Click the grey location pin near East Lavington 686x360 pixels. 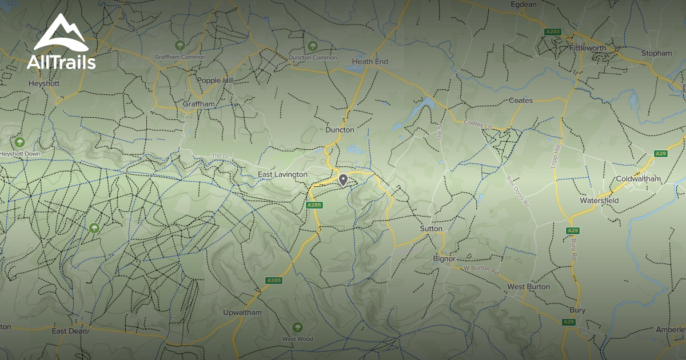[343, 180]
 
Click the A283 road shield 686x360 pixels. [553, 32]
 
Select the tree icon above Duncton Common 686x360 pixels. [312, 46]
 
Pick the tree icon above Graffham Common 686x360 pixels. [180, 45]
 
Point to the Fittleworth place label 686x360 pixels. [587, 48]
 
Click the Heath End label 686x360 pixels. [370, 61]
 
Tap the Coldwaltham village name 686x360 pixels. [638, 179]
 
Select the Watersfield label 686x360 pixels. [599, 201]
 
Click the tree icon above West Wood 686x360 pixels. [297, 327]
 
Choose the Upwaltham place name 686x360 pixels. [242, 313]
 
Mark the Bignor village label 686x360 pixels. [444, 258]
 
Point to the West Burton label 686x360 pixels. [529, 286]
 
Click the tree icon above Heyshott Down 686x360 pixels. [20, 142]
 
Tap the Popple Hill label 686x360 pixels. [215, 81]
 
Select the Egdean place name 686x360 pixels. [524, 5]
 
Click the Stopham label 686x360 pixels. [656, 53]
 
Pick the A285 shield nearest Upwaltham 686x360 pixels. [274, 280]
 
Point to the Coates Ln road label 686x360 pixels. [474, 123]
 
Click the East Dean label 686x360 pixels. [70, 331]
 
